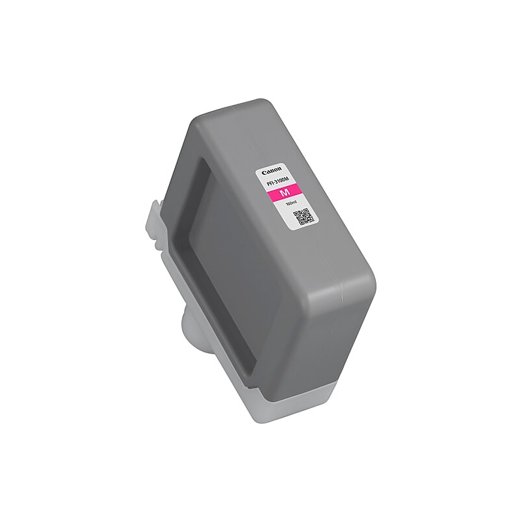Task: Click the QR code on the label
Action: point(303,216)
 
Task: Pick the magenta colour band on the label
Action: point(285,193)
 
